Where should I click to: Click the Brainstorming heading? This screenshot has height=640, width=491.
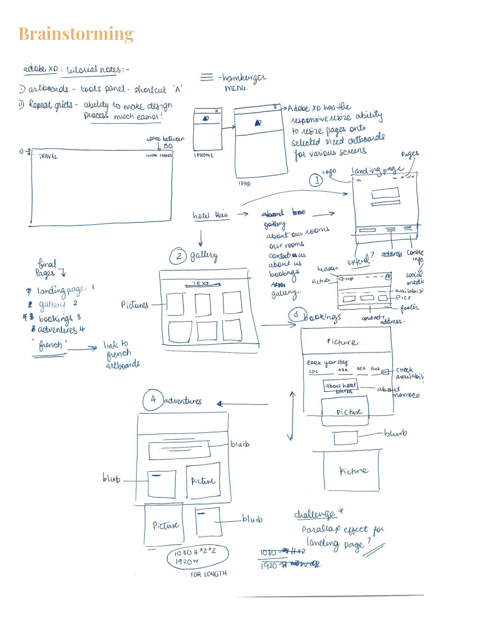point(76,34)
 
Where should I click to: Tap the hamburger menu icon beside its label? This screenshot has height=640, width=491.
point(207,77)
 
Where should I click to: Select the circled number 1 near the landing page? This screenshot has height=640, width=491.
point(316,180)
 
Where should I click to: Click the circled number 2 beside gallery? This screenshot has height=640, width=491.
point(178,256)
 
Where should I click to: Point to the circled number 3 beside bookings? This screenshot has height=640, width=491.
point(297,314)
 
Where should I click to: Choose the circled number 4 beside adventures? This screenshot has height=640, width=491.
point(153,400)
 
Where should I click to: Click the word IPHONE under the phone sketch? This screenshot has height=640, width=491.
point(204,155)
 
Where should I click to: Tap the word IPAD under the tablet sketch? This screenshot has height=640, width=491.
point(245,184)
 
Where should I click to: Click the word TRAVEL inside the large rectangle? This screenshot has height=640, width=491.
point(48,157)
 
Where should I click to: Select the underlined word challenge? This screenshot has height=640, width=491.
point(315,514)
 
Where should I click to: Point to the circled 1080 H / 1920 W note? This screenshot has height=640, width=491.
point(197,556)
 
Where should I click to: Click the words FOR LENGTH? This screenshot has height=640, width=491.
point(209,574)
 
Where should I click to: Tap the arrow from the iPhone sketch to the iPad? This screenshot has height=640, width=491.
point(228,128)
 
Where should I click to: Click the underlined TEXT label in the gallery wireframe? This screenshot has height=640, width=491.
point(201,283)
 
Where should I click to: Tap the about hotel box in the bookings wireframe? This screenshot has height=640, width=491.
point(340,385)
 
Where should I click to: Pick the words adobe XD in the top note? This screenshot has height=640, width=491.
point(40,69)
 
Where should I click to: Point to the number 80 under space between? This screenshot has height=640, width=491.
point(168,146)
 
